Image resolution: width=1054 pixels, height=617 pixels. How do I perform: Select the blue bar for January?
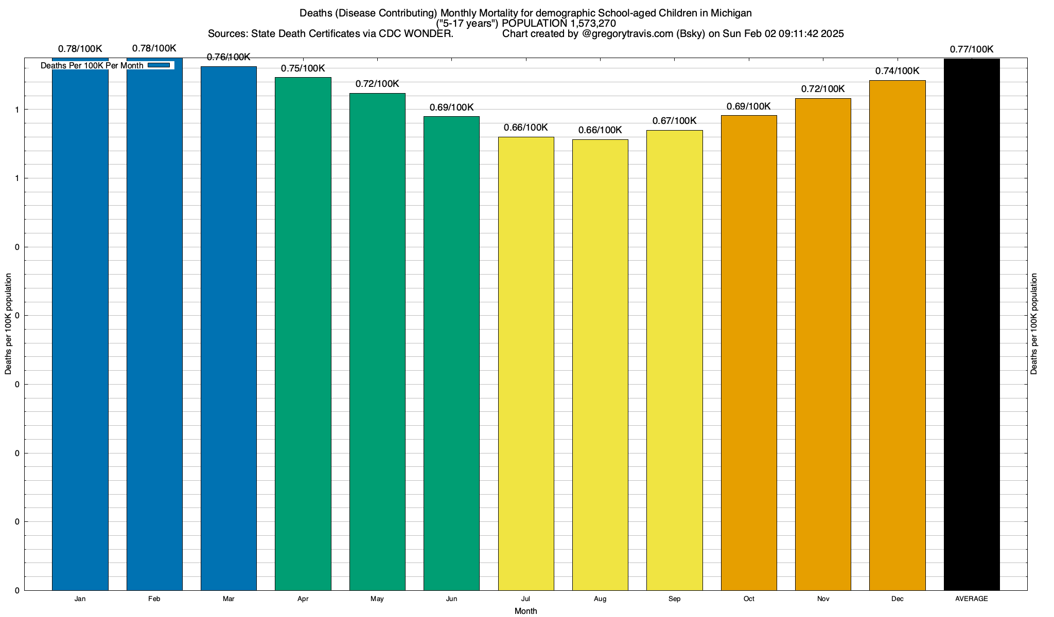click(80, 329)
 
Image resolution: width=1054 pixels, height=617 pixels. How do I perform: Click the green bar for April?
click(303, 334)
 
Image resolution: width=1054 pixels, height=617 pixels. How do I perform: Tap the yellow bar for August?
click(600, 365)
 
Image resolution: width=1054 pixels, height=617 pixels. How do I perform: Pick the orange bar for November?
click(823, 344)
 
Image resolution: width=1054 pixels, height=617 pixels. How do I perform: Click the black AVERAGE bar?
click(972, 324)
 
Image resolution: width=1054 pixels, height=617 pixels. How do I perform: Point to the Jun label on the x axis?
click(451, 599)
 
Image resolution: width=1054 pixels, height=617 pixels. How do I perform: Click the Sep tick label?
click(674, 599)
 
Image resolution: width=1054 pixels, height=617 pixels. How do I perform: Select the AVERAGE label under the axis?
click(972, 599)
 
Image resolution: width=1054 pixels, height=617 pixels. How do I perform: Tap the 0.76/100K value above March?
click(229, 57)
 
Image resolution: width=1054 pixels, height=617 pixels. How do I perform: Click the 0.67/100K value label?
click(674, 121)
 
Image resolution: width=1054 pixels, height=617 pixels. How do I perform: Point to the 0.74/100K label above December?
click(897, 71)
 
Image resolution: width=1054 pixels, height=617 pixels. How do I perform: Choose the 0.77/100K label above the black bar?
click(972, 49)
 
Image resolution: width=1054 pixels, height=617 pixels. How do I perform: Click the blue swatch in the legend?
click(159, 65)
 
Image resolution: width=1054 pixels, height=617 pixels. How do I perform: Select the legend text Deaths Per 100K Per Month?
click(92, 66)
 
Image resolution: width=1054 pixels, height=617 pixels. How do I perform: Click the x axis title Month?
click(525, 611)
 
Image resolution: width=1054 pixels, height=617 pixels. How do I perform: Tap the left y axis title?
click(8, 324)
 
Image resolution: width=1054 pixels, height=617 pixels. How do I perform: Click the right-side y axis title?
click(1034, 324)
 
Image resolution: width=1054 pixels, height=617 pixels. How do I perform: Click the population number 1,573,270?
click(593, 24)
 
